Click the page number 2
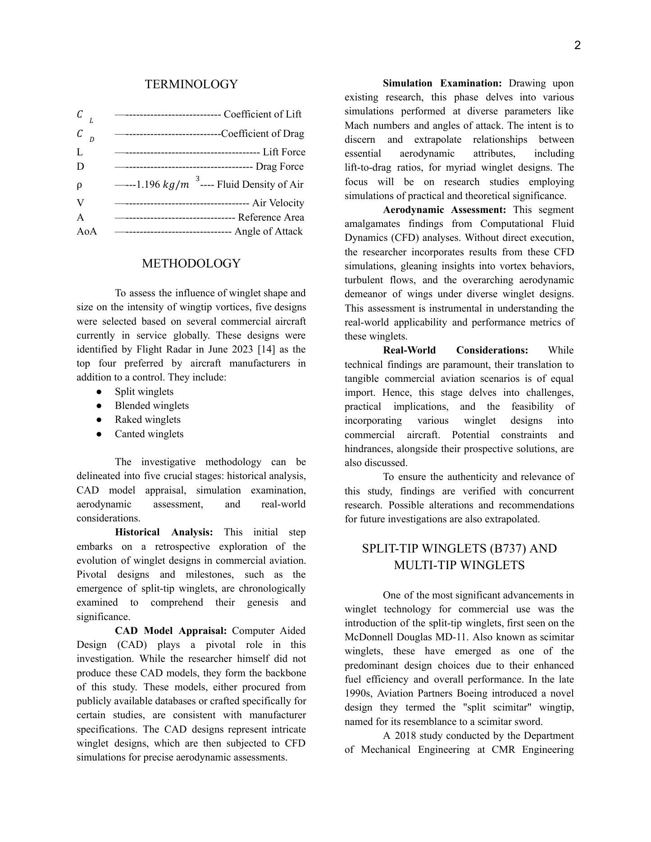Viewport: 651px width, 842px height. pos(578,45)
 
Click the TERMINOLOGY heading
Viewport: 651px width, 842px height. pos(191,84)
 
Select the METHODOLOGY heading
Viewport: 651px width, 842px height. pos(191,263)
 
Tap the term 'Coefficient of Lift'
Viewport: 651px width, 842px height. pos(262,114)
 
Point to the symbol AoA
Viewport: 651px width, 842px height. pos(87,231)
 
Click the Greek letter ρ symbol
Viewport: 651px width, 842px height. pos(79,185)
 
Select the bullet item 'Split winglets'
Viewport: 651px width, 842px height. pos(144,392)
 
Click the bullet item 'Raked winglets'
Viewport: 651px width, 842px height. pos(147,420)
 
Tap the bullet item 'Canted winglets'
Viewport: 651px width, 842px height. pos(149,434)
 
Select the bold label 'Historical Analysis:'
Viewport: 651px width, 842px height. pos(164,532)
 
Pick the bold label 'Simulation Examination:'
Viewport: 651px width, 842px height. pos(442,83)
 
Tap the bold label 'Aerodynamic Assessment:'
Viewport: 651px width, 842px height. pos(444,210)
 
